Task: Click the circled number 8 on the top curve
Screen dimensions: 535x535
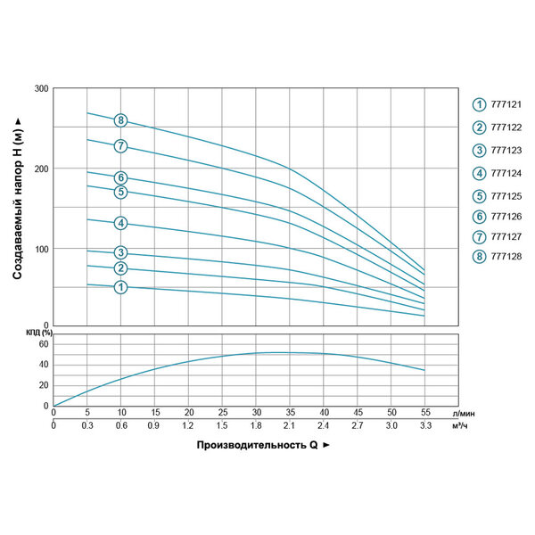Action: point(121,120)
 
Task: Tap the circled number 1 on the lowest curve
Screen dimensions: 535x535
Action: point(121,286)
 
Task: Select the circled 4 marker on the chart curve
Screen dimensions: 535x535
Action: point(121,223)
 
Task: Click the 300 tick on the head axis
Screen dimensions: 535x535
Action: point(41,89)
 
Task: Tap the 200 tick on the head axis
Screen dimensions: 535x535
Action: point(41,169)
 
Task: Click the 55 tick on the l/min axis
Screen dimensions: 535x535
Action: point(425,414)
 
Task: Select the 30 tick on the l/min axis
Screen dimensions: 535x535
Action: point(257,414)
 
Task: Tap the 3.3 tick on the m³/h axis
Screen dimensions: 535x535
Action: point(425,426)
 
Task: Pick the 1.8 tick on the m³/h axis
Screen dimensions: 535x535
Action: point(257,426)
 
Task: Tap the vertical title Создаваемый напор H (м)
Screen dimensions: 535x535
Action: point(18,200)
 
